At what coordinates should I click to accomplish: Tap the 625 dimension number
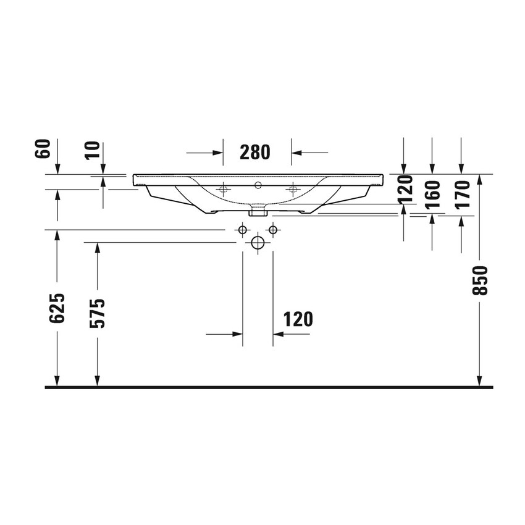pyautogui.click(x=57, y=308)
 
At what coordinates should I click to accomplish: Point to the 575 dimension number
pyautogui.click(x=98, y=313)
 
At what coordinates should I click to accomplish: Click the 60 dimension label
pyautogui.click(x=42, y=149)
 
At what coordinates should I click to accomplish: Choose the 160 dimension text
pyautogui.click(x=432, y=194)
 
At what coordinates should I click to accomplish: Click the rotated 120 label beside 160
pyautogui.click(x=404, y=189)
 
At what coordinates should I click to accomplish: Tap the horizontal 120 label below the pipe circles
pyautogui.click(x=298, y=319)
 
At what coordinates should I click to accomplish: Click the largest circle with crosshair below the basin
pyautogui.click(x=258, y=242)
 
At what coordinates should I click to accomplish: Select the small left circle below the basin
pyautogui.click(x=242, y=230)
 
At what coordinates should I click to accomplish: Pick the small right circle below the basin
pyautogui.click(x=273, y=230)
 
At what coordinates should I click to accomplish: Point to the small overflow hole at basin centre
pyautogui.click(x=258, y=184)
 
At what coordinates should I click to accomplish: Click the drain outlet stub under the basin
pyautogui.click(x=258, y=212)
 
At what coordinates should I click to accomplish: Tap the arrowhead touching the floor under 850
pyautogui.click(x=479, y=382)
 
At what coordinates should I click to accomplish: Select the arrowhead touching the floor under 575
pyautogui.click(x=97, y=382)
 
